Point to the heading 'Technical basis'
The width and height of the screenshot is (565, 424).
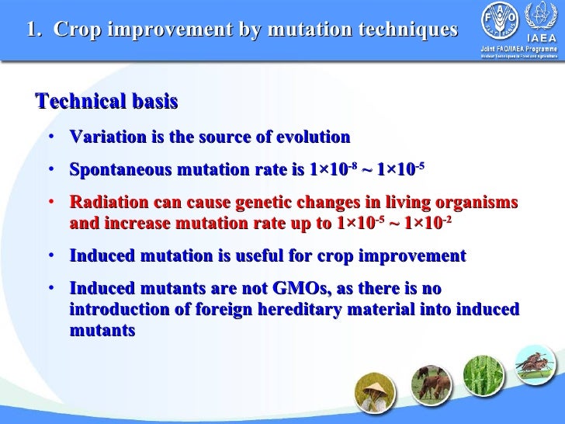(x=107, y=102)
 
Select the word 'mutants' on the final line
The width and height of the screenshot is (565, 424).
(x=102, y=329)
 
